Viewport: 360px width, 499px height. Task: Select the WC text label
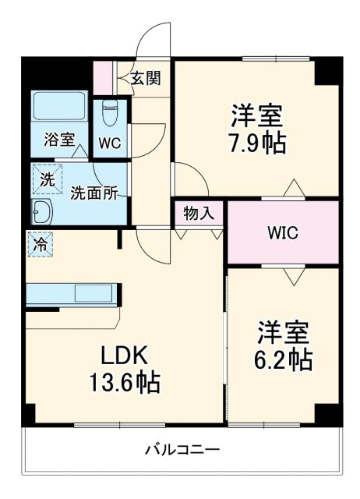(110, 143)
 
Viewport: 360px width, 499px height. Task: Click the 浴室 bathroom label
(58, 140)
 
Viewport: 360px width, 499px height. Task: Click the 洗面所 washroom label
(94, 193)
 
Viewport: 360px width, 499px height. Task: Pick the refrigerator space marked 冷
(38, 243)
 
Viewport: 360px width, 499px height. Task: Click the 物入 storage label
(199, 211)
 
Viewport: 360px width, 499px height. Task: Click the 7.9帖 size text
(255, 143)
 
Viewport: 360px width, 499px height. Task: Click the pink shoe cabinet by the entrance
(103, 76)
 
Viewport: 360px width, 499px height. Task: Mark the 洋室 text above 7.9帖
(255, 116)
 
